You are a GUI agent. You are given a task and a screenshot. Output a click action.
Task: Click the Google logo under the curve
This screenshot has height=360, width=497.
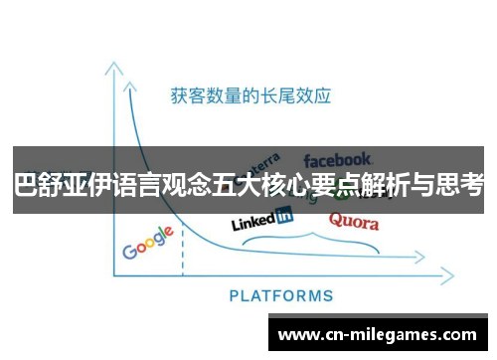coord(147,243)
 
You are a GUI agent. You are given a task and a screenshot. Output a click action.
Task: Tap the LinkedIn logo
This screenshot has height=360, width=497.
coord(261,220)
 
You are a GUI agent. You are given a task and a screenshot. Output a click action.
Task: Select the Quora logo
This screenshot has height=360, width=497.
coord(353,221)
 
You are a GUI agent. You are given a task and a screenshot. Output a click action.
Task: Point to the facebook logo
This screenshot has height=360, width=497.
coord(337,159)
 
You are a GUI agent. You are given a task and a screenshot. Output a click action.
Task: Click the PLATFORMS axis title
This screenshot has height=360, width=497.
coord(281,295)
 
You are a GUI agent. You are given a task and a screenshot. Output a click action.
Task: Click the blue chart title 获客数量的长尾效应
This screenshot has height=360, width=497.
coord(249,96)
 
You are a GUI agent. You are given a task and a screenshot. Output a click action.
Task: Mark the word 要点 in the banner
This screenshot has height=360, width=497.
coord(354,185)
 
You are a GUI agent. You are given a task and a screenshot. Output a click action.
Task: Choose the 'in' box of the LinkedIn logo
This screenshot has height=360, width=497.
coord(284,215)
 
